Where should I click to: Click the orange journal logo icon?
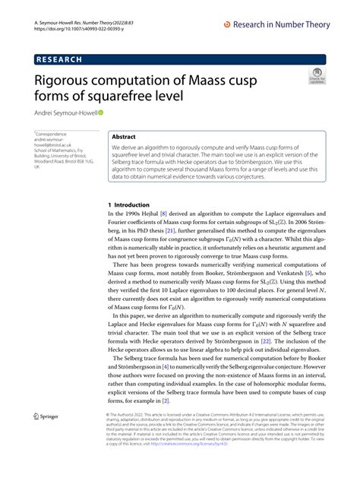pos(227,25)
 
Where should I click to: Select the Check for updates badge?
pos(315,77)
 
